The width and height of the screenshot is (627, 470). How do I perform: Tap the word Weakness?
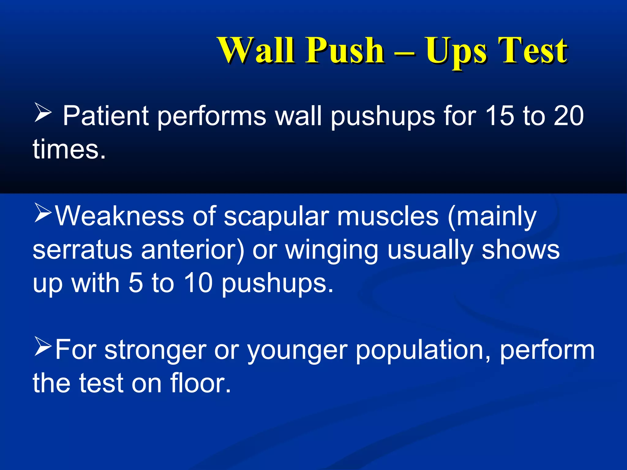point(119,216)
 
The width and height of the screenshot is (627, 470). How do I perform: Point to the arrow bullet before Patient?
point(43,112)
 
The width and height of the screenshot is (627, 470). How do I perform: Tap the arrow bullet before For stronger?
point(43,346)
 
